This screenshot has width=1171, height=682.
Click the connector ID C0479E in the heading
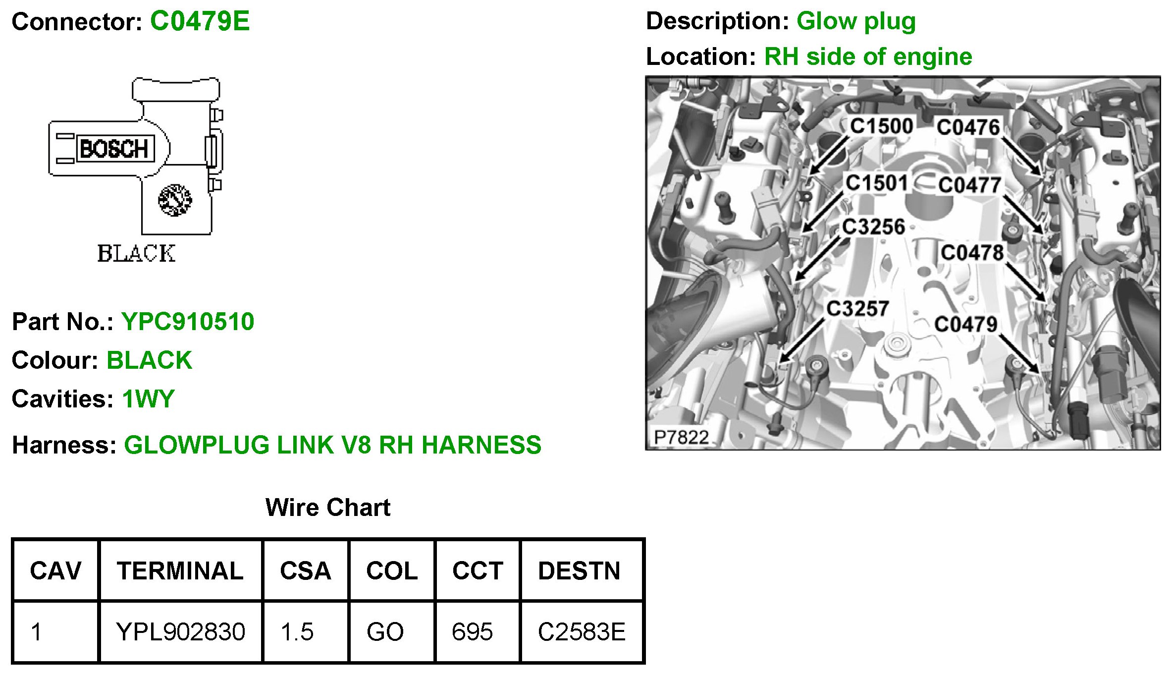200,21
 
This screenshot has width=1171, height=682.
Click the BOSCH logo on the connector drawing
114,149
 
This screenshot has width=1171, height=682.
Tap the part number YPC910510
188,322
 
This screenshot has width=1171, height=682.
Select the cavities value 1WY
148,399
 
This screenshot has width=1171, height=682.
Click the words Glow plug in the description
856,21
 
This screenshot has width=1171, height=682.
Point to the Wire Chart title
328,508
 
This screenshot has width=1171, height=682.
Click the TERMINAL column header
180,571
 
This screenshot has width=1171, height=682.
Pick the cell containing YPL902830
180,632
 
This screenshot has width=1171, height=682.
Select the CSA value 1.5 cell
297,632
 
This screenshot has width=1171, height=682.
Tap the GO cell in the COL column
385,632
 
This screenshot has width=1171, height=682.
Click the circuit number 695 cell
472,632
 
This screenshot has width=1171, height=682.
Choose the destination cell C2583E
582,632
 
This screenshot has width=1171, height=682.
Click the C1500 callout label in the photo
881,126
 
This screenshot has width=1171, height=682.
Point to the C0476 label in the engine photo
968,127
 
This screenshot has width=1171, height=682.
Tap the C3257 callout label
857,309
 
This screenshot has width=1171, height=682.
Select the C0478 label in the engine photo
972,253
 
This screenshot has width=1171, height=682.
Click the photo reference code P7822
681,437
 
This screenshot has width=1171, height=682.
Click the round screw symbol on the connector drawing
175,200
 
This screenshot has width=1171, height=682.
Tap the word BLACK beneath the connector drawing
136,254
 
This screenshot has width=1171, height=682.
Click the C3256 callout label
873,227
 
